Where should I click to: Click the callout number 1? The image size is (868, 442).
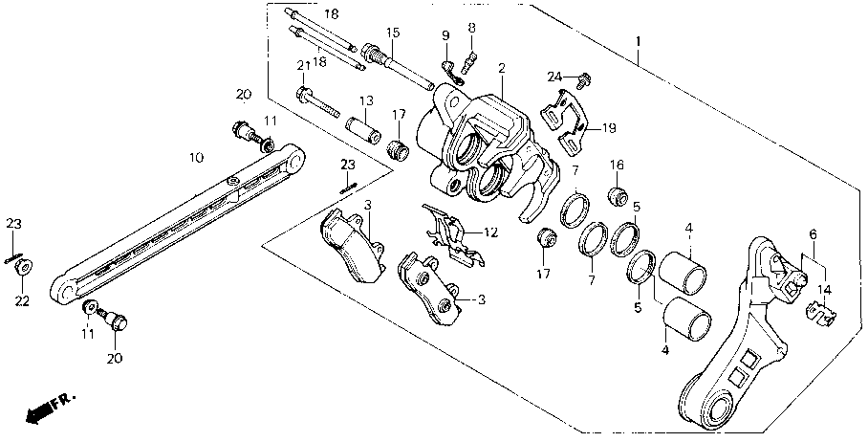(x=639, y=42)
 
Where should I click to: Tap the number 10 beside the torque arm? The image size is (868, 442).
(x=195, y=156)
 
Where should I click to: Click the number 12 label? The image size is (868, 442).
(x=490, y=232)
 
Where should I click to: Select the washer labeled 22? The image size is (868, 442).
(x=23, y=267)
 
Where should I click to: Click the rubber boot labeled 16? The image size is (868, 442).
(x=618, y=198)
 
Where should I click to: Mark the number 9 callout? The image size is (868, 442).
(x=445, y=36)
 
